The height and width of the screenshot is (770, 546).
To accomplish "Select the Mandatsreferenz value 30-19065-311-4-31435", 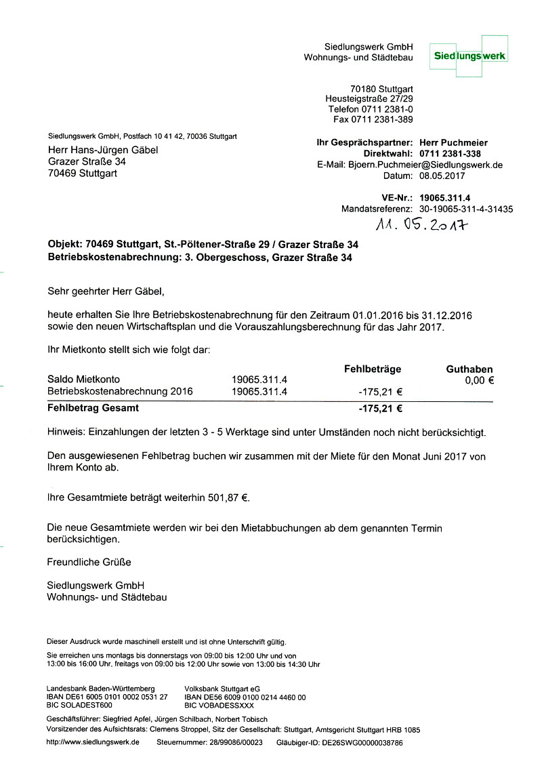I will click(x=466, y=209).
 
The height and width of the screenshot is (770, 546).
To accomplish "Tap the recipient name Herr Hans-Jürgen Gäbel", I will click(x=103, y=150).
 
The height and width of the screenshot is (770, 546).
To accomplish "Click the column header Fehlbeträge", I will click(x=373, y=369).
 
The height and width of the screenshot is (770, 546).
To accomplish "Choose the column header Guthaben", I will click(x=469, y=369).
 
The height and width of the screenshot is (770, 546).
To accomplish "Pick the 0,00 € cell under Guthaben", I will click(x=480, y=380).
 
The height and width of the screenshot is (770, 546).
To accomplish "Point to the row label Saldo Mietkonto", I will click(x=84, y=380).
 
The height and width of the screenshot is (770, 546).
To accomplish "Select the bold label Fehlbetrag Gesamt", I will click(x=93, y=408).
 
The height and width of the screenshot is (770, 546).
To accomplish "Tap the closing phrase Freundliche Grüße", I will click(x=89, y=562).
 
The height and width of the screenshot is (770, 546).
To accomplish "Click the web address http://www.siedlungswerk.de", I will click(x=93, y=742).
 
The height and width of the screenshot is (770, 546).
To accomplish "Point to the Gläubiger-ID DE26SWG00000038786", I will click(x=356, y=743).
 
